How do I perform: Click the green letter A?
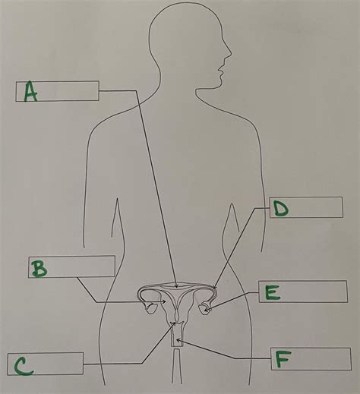[30, 91]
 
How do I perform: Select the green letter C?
[24, 366]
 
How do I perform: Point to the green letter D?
[281, 208]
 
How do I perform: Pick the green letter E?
[273, 292]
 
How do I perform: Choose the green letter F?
[283, 359]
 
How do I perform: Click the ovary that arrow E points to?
[206, 307]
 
